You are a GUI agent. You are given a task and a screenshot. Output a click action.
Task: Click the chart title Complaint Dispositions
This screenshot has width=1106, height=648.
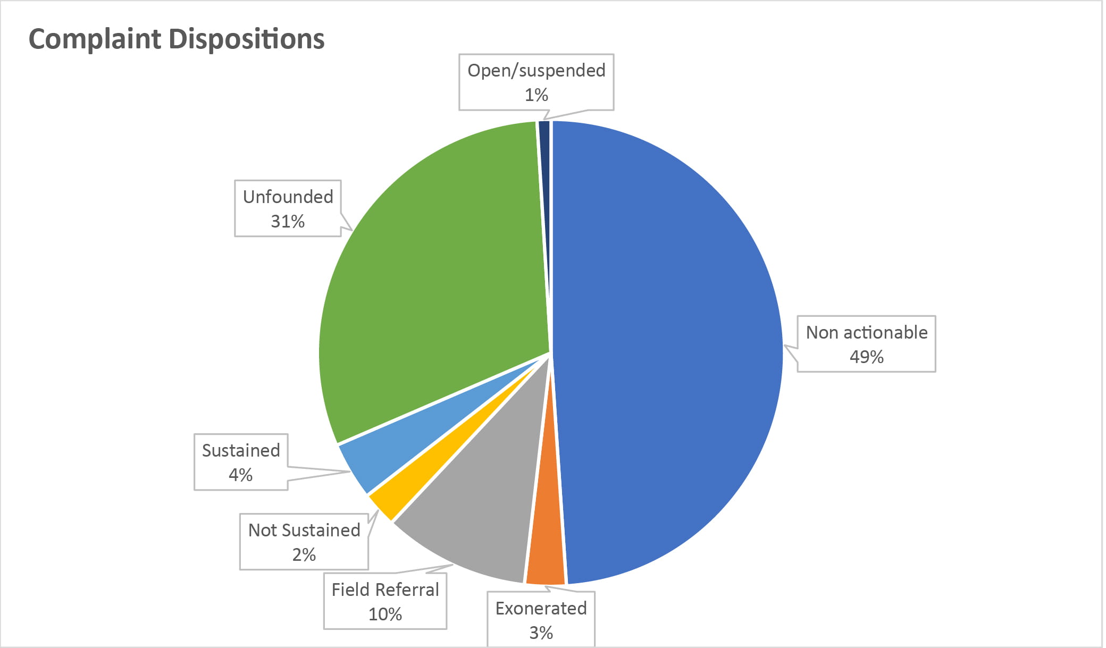[x=176, y=39]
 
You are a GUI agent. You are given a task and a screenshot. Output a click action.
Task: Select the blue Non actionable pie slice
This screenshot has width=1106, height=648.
[x=665, y=351]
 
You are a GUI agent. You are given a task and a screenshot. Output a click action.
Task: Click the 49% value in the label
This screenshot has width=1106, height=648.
[x=866, y=357]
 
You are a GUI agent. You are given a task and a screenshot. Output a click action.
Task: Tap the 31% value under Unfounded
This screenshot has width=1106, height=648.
[x=288, y=221]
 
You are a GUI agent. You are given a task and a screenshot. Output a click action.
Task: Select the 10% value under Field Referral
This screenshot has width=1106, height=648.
[x=385, y=615]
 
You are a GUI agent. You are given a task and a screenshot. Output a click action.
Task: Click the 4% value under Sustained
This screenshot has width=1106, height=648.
[x=240, y=475]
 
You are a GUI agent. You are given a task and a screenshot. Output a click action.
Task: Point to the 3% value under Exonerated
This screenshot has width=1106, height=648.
[x=541, y=633]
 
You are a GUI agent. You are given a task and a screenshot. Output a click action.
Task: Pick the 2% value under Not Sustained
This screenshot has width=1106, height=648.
[x=304, y=555]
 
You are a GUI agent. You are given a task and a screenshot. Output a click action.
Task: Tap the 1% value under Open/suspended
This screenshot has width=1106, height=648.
[x=536, y=95]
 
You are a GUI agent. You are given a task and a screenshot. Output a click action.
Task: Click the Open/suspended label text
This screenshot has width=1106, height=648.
[x=536, y=70]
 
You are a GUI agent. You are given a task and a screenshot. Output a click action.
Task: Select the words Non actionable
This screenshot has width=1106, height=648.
[x=866, y=332]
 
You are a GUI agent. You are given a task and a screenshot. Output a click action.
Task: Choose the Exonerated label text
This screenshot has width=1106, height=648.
[x=541, y=608]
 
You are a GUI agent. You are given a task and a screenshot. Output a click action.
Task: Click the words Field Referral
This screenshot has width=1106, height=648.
[x=385, y=590]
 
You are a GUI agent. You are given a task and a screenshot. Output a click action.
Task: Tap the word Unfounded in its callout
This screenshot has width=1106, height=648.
[x=288, y=197]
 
